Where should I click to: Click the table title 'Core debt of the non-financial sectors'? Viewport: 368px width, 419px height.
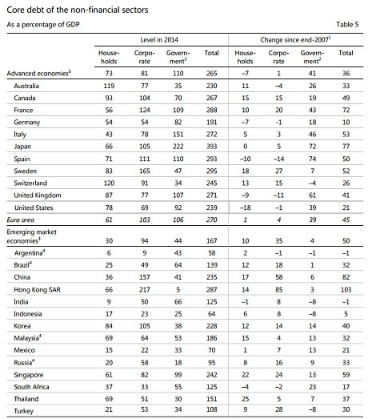(78, 10)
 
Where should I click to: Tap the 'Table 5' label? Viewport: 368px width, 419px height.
(347, 25)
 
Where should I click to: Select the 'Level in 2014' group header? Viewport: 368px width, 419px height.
(159, 40)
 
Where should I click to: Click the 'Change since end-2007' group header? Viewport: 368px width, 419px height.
(295, 40)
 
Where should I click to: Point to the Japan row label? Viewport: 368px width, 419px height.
(22, 147)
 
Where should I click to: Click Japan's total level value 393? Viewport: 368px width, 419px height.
(212, 147)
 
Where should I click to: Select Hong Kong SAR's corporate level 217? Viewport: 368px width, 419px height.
(144, 290)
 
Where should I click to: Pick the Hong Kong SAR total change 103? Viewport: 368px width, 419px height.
(346, 290)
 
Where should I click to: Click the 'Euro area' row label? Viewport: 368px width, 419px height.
(21, 220)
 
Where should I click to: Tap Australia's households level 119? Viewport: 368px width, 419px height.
(109, 86)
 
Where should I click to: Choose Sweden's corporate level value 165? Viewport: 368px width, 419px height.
(144, 171)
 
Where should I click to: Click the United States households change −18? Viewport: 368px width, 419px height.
(245, 207)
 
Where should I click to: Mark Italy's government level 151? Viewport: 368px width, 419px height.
(178, 134)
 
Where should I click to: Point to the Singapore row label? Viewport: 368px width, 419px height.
(29, 375)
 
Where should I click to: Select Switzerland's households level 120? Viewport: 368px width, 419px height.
(109, 183)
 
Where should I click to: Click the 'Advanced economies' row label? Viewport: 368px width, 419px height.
(38, 73)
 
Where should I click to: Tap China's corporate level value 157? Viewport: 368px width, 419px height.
(144, 277)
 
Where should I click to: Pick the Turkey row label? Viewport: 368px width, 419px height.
(24, 411)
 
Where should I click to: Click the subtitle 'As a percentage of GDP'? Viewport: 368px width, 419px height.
(43, 25)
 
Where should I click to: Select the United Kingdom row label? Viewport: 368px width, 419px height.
(38, 195)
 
